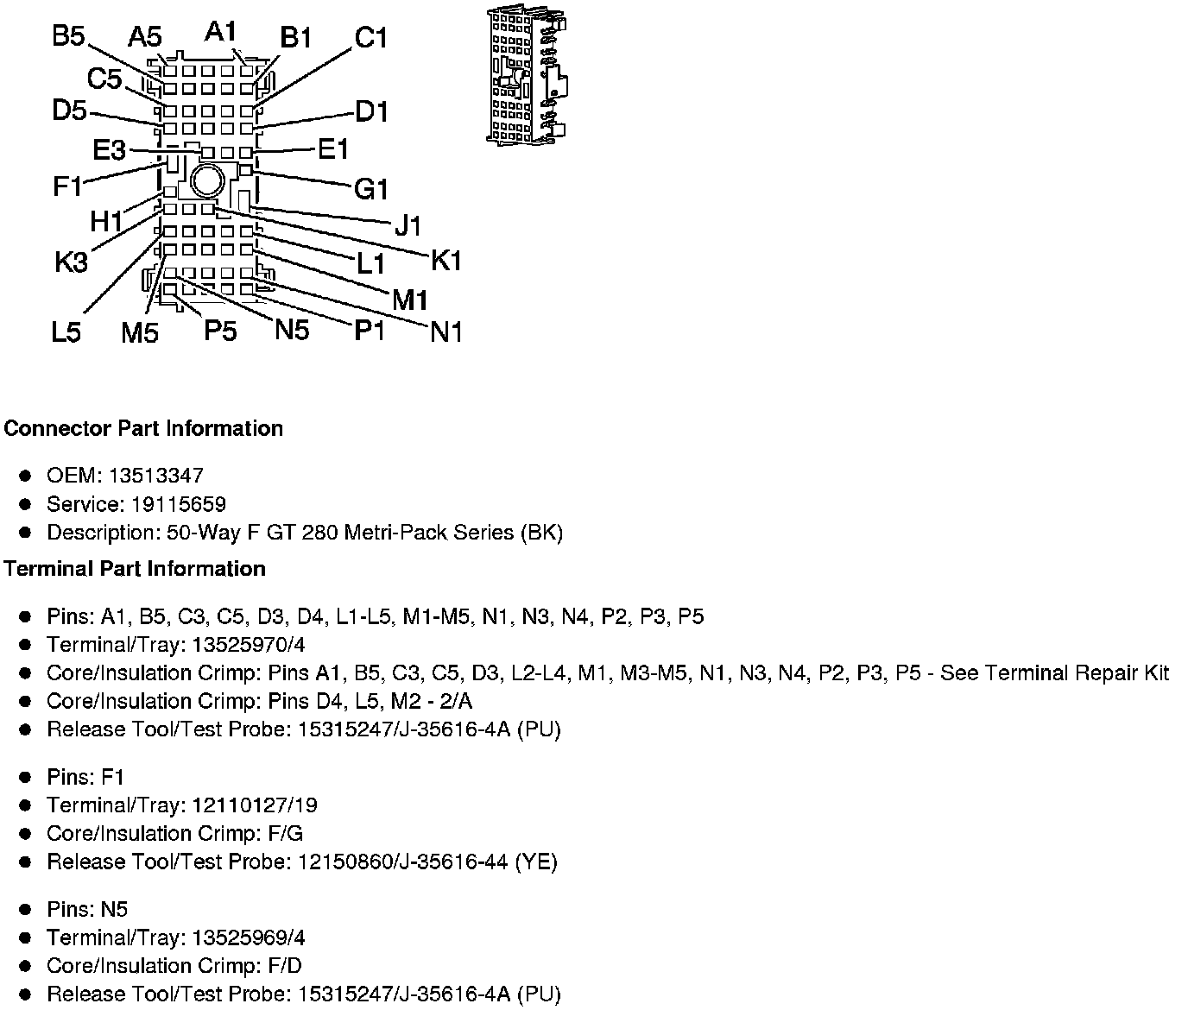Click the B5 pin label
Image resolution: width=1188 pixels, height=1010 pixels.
coord(68,37)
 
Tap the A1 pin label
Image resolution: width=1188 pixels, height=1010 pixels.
coord(221,32)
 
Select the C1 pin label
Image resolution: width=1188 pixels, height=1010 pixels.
coord(371,38)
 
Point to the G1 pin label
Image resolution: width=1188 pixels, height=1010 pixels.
coord(371,188)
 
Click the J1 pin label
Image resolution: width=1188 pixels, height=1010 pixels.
coord(408,225)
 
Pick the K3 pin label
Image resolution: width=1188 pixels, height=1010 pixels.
coord(71,261)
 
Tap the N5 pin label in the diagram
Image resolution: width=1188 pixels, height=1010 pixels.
coord(292,329)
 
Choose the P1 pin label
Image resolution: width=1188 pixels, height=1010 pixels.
coord(370,331)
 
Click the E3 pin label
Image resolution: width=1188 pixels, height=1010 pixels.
coord(109,151)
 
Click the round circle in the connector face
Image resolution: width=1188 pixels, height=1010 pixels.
coord(207,181)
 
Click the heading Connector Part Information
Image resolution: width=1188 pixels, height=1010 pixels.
coord(143,429)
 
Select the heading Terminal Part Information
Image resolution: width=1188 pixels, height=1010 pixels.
coord(134,569)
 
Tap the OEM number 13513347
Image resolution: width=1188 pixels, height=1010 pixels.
coord(162,476)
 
